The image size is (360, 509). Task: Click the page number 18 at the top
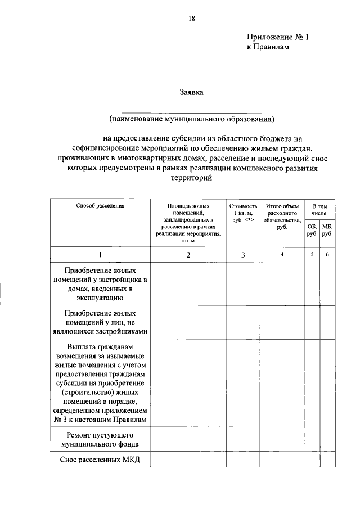click(191, 19)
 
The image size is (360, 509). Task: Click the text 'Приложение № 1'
click(278, 37)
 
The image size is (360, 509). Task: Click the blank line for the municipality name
click(191, 112)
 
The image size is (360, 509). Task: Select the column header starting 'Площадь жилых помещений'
click(188, 223)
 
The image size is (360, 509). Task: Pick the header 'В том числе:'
click(319, 210)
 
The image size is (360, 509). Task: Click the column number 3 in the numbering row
click(243, 255)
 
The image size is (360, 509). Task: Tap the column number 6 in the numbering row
click(327, 255)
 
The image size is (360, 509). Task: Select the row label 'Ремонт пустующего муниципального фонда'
click(100, 439)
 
